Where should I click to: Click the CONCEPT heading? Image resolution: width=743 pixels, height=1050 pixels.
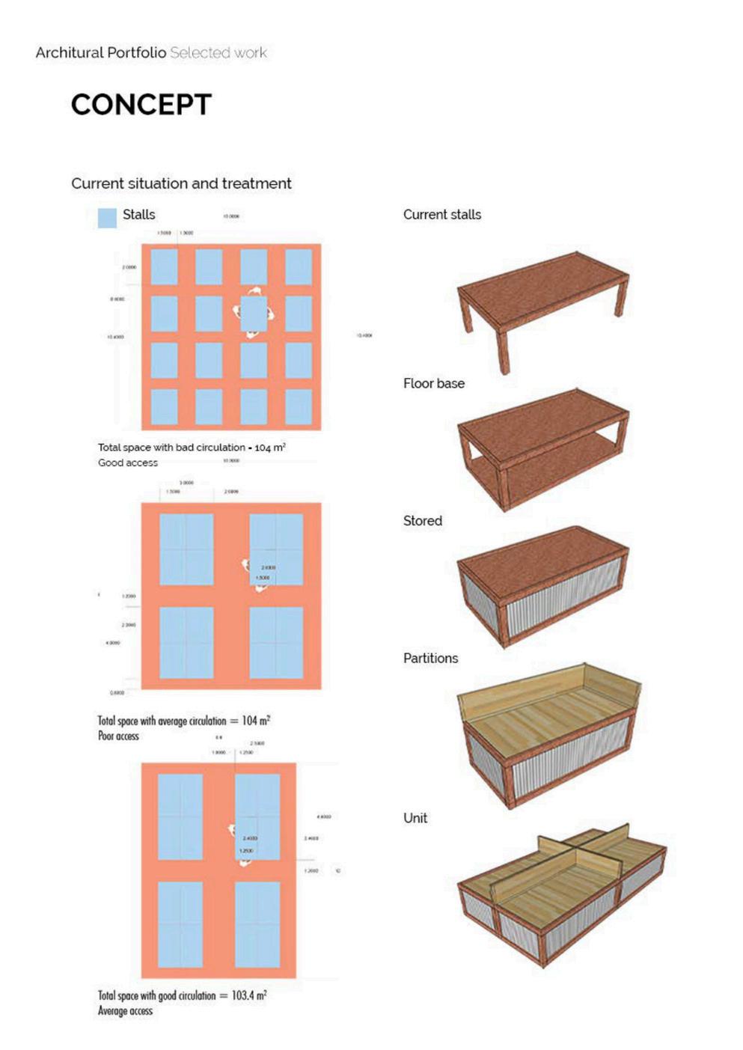141,105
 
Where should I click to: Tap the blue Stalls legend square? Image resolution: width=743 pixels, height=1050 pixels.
107,217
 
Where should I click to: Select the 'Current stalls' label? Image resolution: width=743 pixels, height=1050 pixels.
441,215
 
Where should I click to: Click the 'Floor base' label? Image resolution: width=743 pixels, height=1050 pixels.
433,383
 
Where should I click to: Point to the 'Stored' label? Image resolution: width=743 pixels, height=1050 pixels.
422,521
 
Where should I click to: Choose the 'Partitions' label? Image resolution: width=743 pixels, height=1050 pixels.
430,659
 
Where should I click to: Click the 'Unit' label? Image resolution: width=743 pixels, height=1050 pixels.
415,818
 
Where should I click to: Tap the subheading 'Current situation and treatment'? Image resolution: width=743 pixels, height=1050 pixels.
181,183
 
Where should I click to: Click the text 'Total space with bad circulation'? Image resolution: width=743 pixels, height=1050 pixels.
171,448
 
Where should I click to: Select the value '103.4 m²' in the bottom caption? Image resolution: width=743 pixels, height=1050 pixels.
249,995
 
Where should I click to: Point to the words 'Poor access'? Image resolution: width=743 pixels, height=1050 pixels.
118,736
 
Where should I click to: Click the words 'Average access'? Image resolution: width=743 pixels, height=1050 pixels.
125,1011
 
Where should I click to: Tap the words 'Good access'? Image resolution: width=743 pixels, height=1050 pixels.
128,463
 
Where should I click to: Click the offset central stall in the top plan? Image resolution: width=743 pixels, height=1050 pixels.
254,314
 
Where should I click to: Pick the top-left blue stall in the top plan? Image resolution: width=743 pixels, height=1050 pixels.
164,267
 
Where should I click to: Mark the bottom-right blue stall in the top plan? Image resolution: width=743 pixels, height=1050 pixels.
299,406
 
